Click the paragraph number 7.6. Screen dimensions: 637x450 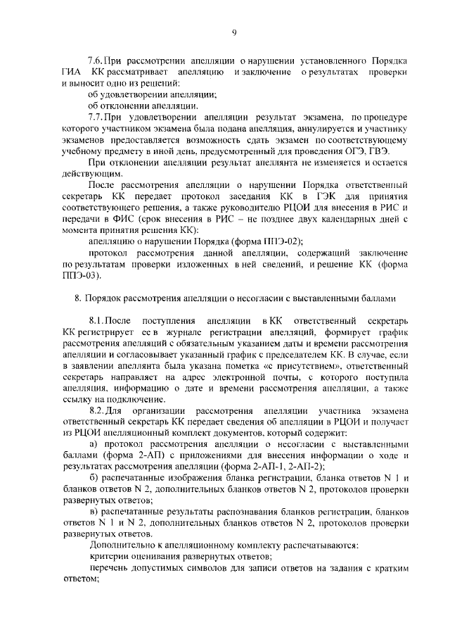(96, 62)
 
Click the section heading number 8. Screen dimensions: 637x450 (78, 298)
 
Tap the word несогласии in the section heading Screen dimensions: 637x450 (261, 298)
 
